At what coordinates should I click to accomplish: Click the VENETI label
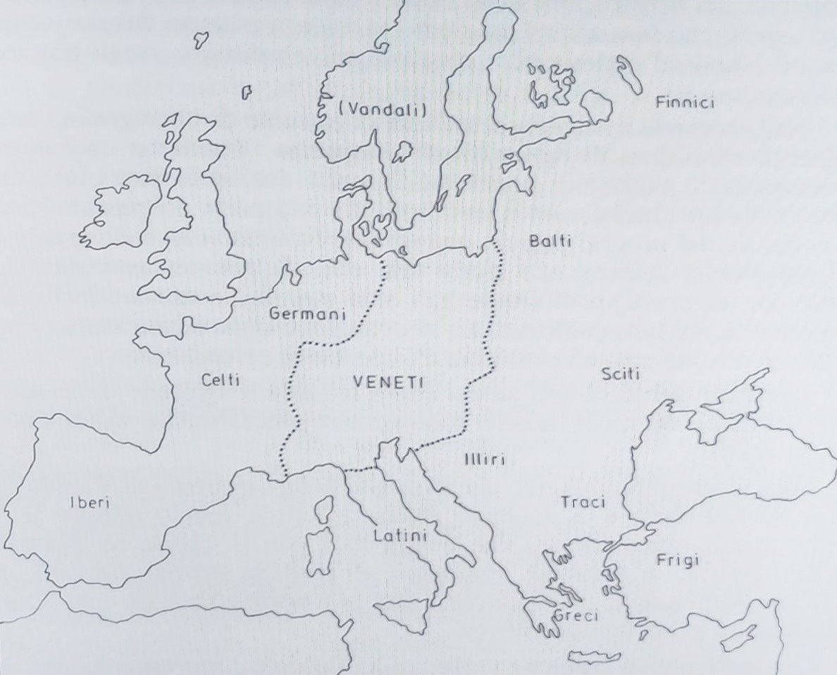click(x=387, y=383)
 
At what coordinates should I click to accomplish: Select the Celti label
click(x=220, y=380)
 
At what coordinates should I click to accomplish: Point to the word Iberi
click(x=89, y=503)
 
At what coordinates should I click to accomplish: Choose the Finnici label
click(x=684, y=103)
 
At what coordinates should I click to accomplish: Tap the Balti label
click(x=550, y=241)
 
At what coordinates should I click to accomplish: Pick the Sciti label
click(x=621, y=373)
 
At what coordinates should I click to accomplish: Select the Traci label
click(x=582, y=502)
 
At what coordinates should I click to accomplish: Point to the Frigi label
click(x=677, y=561)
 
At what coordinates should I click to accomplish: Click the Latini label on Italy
click(x=400, y=536)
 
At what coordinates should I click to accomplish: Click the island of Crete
click(x=593, y=658)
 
